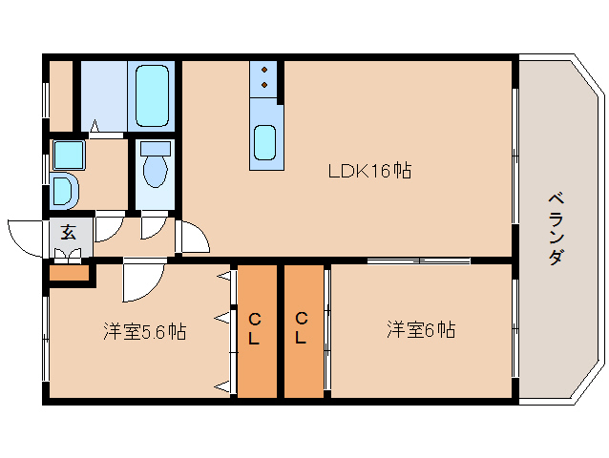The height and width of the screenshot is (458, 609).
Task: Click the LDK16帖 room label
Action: [369, 172]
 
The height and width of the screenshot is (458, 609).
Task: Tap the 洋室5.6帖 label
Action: [144, 331]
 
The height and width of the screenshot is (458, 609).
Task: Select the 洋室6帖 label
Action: [420, 330]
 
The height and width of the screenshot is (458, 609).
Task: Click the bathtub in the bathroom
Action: [153, 95]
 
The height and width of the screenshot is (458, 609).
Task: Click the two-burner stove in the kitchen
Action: [264, 79]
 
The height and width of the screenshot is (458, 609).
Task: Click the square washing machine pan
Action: [68, 154]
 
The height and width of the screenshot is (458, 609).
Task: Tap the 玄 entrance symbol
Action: [70, 232]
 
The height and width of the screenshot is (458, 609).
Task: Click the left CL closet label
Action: [255, 327]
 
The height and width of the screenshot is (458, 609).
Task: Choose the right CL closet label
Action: [302, 327]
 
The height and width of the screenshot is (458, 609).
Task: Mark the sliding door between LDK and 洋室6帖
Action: [418, 260]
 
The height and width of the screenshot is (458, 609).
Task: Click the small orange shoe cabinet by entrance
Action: [69, 274]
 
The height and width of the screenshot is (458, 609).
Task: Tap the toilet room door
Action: [152, 226]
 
